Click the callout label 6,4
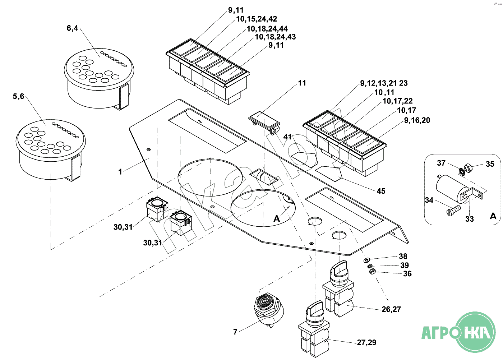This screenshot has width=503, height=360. (x=72, y=28)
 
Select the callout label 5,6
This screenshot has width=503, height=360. (x=18, y=96)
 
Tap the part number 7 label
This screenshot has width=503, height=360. (x=235, y=332)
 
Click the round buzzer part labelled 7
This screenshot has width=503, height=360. (x=268, y=308)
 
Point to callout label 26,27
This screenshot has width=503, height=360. (x=391, y=309)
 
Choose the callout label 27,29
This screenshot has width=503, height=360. (x=366, y=342)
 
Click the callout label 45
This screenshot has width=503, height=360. (x=381, y=191)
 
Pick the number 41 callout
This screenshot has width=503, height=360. (x=287, y=137)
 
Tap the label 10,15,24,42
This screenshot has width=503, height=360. (x=257, y=19)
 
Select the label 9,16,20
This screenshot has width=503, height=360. (x=417, y=120)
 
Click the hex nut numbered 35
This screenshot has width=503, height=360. (x=468, y=167)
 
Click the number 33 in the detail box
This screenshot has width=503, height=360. (x=469, y=219)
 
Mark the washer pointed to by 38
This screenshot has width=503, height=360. (x=367, y=260)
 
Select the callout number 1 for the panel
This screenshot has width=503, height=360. (x=120, y=172)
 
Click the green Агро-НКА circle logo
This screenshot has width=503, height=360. (x=475, y=332)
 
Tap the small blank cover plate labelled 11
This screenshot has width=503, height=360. (x=264, y=120)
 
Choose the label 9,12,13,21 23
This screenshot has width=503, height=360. (x=384, y=83)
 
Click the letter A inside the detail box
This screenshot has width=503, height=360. (x=493, y=216)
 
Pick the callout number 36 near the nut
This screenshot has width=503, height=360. (x=407, y=274)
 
